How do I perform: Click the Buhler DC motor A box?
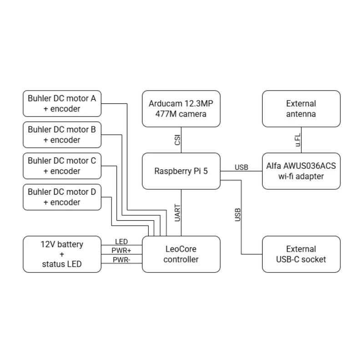pyautogui.click(x=62, y=104)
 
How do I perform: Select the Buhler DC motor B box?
pyautogui.click(x=62, y=135)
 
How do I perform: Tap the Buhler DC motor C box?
pyautogui.click(x=62, y=166)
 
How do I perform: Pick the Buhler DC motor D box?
pyautogui.click(x=62, y=197)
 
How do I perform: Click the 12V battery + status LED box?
pyautogui.click(x=62, y=254)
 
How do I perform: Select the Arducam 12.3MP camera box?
pyautogui.click(x=181, y=109)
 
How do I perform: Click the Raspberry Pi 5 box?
pyautogui.click(x=181, y=171)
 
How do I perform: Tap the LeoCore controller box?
pyautogui.click(x=181, y=254)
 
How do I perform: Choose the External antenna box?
pyautogui.click(x=301, y=109)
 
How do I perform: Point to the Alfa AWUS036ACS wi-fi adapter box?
pyautogui.click(x=301, y=171)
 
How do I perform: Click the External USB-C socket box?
pyautogui.click(x=301, y=254)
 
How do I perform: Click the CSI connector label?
pyautogui.click(x=177, y=140)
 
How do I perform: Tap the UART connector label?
pyautogui.click(x=177, y=213)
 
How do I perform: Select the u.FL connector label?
pyautogui.click(x=298, y=140)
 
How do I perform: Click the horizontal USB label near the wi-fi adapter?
pyautogui.click(x=242, y=167)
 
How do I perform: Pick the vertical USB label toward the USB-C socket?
pyautogui.click(x=238, y=215)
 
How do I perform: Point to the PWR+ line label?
pyautogui.click(x=121, y=251)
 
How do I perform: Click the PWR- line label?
pyautogui.click(x=121, y=260)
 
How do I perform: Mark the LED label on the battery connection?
pyautogui.click(x=121, y=242)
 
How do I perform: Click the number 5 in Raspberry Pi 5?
pyautogui.click(x=205, y=171)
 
